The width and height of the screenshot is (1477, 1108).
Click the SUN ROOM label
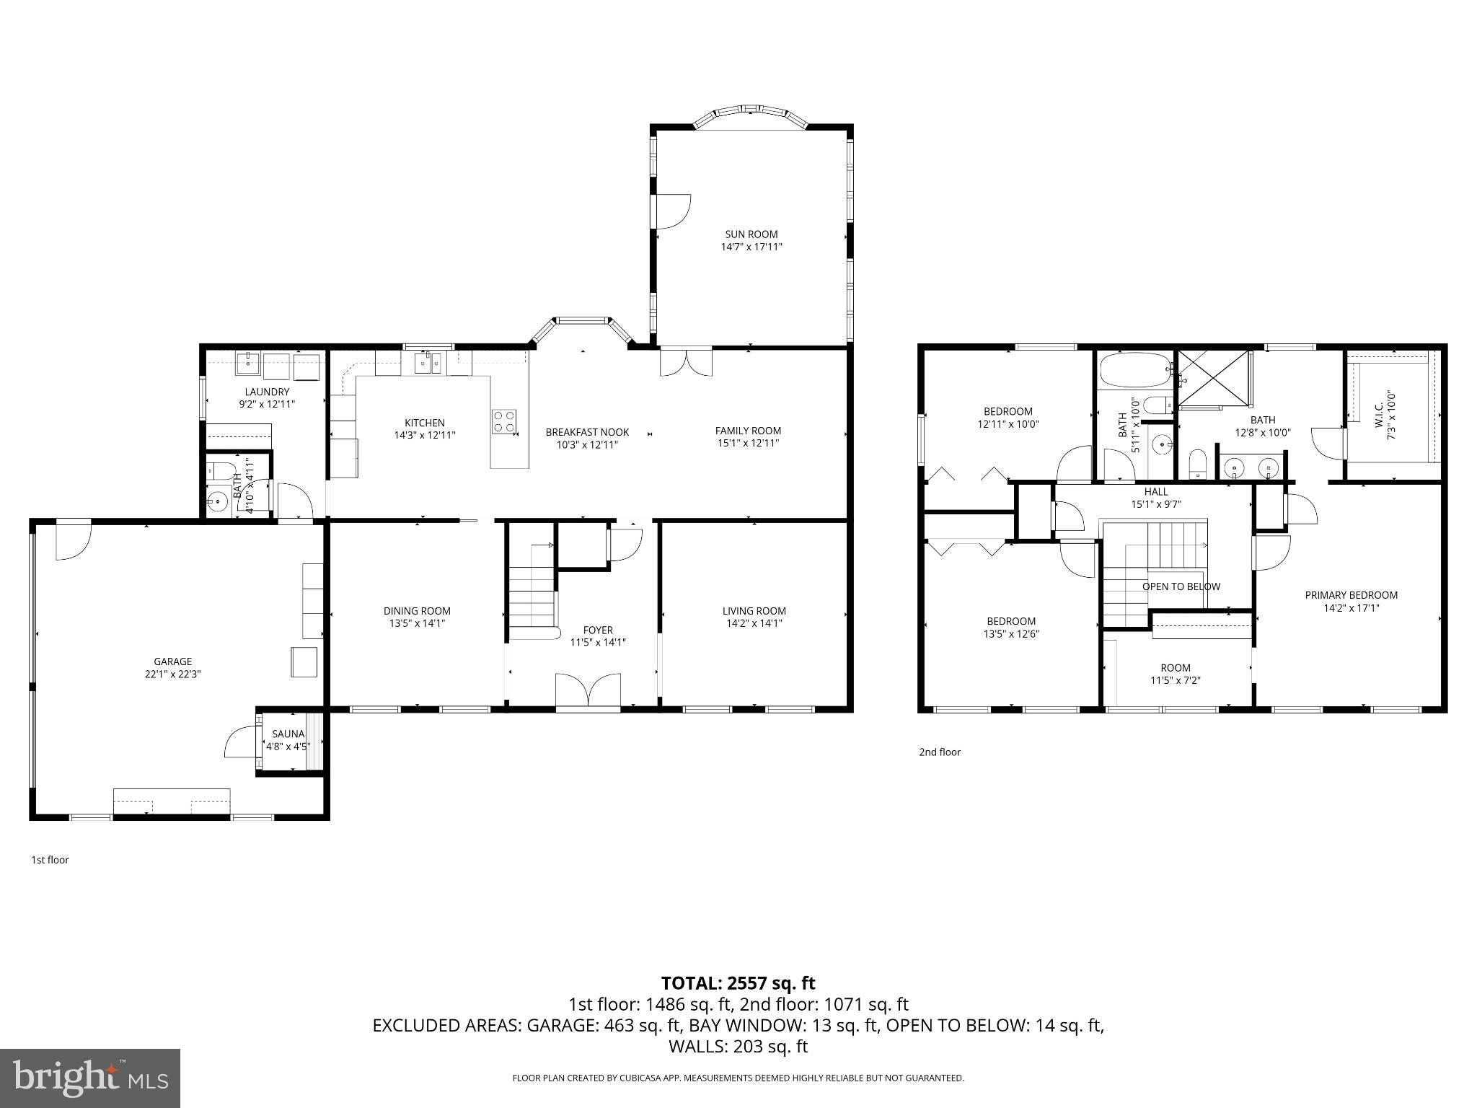point(751,234)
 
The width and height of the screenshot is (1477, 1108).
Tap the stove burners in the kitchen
point(505,421)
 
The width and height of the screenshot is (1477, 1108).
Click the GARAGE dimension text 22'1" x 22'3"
point(172,674)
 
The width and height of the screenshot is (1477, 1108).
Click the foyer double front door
point(588,691)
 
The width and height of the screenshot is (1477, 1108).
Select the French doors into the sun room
point(686,361)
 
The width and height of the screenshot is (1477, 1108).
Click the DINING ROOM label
point(417,611)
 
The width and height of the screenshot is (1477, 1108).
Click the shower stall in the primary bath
point(1213,379)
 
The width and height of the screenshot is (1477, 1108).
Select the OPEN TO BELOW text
point(1181,586)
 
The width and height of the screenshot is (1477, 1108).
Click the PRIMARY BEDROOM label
point(1351,595)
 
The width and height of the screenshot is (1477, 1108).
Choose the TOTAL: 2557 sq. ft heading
point(738,983)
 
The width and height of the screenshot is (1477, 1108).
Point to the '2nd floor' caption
point(939,752)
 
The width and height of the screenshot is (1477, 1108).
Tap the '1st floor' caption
point(50,860)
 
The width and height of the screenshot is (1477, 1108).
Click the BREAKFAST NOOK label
point(587,432)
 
